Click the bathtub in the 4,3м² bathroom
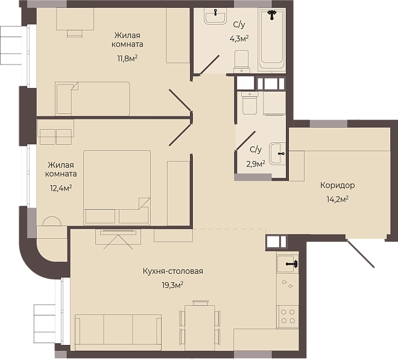271,40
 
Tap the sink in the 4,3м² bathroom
215,16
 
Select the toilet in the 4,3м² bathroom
241,61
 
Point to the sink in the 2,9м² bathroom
277,154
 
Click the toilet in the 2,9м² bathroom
250,103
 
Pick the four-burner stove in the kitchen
288,317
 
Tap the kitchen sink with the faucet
287,264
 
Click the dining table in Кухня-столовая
200,328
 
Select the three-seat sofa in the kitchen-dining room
118,333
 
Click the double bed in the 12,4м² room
117,188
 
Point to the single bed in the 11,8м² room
92,98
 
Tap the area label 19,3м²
172,285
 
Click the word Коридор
337,185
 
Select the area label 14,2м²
337,199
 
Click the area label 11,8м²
127,58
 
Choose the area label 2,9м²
256,164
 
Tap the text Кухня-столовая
173,271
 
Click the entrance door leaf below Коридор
360,253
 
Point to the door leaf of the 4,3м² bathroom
209,65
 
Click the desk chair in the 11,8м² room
75,34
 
